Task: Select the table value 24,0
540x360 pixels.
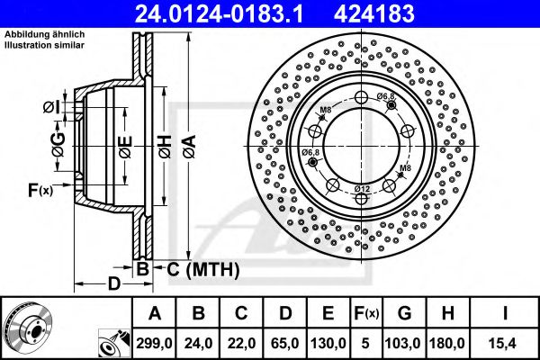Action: pos(200,342)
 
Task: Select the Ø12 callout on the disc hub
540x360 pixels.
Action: pos(362,187)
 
